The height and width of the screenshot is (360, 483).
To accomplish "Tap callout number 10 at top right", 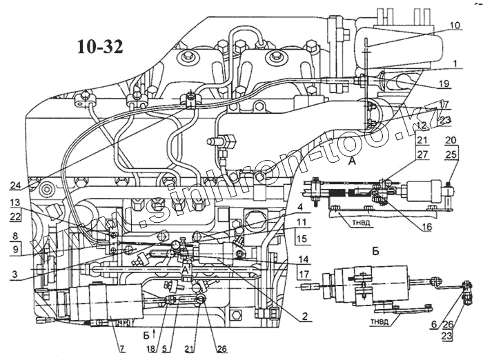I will [x=454, y=26].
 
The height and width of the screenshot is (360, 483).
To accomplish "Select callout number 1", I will [x=455, y=63].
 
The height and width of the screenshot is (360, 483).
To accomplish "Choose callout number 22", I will [x=15, y=217].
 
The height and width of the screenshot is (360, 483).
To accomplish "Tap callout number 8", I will [x=15, y=236].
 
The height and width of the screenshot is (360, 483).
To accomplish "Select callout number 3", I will [x=15, y=275].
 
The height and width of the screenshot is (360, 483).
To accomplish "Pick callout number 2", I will [x=304, y=319].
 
